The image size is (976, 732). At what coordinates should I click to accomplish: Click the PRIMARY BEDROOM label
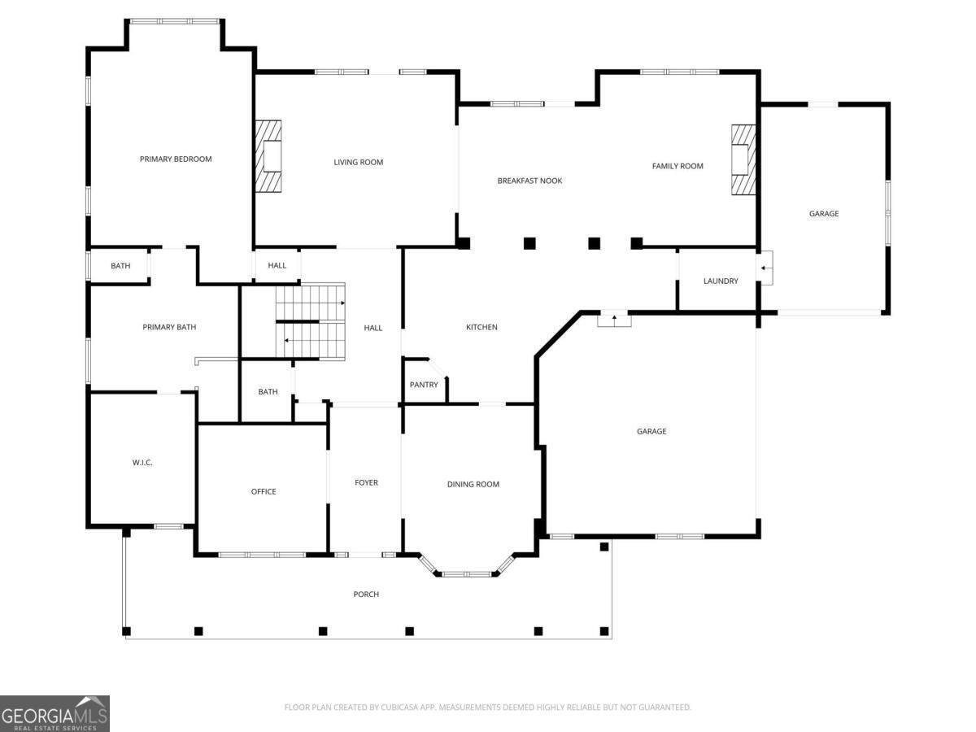176,159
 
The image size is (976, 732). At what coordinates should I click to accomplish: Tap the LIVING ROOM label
358,163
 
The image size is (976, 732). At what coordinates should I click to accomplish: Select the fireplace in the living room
269,156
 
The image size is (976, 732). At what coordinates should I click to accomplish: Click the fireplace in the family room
743,159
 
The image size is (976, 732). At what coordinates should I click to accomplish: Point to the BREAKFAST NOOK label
529,181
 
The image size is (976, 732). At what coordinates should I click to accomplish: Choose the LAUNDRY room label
721,281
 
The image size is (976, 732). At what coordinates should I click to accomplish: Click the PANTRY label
424,385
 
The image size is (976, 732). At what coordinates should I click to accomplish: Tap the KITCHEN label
481,327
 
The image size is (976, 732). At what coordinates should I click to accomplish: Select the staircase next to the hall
310,322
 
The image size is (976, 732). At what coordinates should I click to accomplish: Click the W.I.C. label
142,463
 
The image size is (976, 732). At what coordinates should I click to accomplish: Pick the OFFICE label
264,491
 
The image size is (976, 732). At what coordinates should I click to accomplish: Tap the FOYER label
366,483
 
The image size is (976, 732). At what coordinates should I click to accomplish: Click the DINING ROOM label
473,485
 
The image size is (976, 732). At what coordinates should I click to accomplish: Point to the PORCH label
366,595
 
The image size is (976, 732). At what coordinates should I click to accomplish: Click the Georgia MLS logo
54,713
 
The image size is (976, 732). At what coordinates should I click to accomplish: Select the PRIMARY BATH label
169,327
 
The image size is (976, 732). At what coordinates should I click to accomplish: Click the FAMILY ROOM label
678,166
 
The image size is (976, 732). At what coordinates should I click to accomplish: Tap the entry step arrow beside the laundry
765,268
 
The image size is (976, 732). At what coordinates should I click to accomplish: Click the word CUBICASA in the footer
403,708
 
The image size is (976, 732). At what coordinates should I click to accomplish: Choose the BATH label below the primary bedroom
120,266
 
